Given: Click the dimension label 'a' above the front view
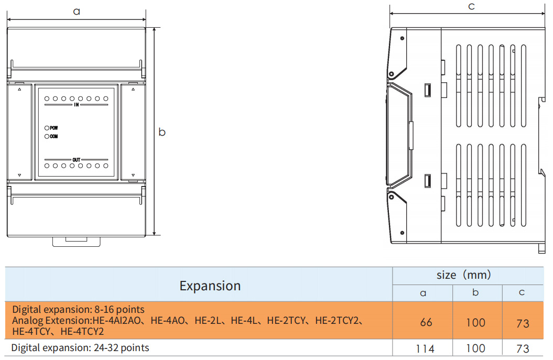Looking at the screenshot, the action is [x=77, y=12].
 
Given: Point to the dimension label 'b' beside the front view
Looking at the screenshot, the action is [x=162, y=132].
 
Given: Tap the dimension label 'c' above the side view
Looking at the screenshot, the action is [x=471, y=6].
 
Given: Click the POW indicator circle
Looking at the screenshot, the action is [x=47, y=128].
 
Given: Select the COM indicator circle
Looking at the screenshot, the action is [x=47, y=136].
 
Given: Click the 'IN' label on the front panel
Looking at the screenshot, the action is [x=76, y=105].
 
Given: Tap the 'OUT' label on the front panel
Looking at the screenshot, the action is [x=76, y=160].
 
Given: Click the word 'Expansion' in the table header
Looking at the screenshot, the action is [x=210, y=286].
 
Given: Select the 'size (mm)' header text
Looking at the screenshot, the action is [x=464, y=275].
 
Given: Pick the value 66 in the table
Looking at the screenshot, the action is [x=426, y=322].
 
